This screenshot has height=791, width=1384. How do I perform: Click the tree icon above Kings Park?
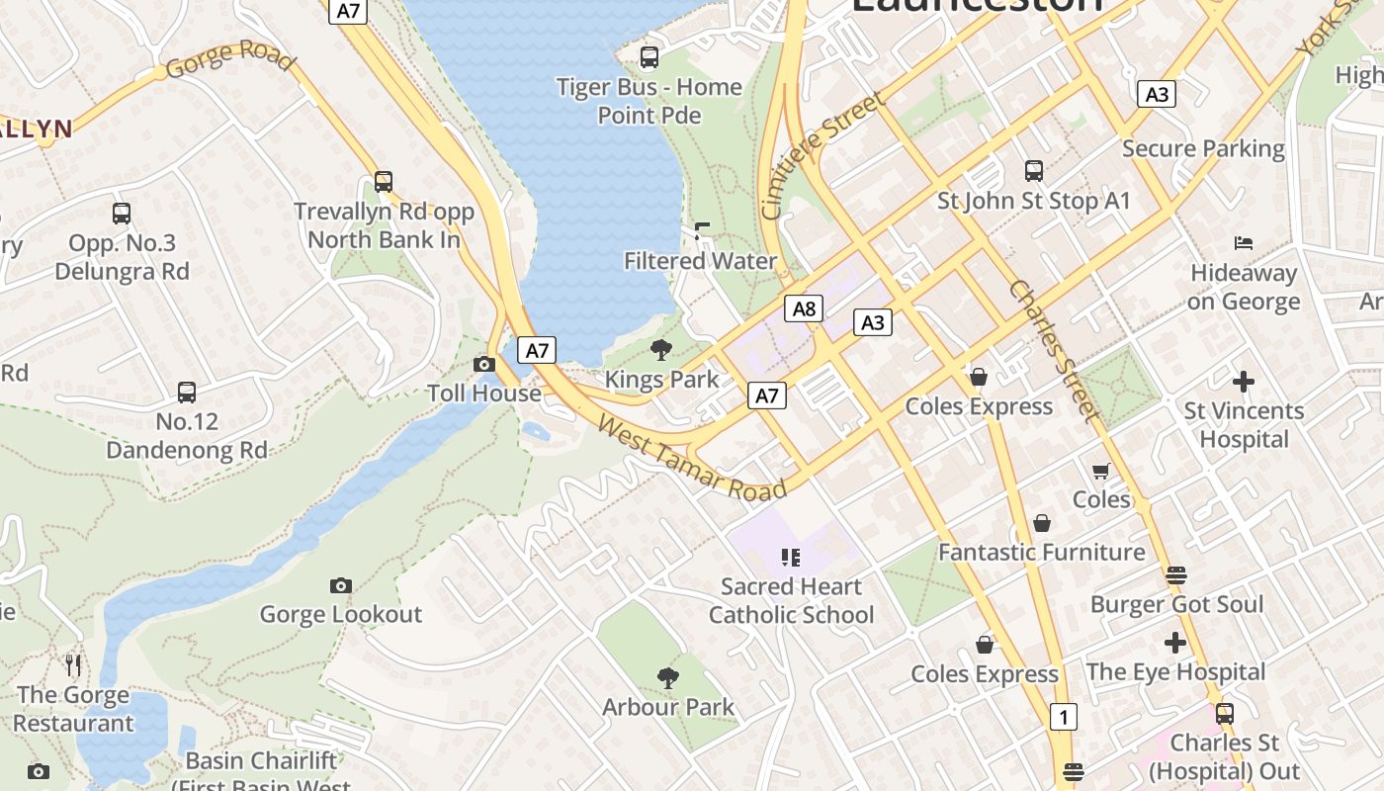[661, 349]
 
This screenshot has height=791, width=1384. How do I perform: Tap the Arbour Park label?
[668, 707]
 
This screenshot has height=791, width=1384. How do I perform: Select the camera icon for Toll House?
[483, 364]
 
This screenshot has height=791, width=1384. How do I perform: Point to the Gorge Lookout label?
[340, 614]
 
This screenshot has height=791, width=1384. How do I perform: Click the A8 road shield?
[804, 308]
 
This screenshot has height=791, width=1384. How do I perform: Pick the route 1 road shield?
[1063, 717]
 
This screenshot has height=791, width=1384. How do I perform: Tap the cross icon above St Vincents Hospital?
[1244, 381]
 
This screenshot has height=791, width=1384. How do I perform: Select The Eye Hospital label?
[1175, 672]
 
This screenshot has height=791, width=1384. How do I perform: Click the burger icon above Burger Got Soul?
[1175, 574]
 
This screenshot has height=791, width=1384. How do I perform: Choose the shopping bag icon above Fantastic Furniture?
[1041, 523]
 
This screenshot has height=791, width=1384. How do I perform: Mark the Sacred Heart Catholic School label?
[791, 601]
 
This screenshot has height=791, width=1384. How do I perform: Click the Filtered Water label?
[700, 261]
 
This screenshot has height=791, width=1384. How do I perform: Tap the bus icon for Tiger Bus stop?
[649, 57]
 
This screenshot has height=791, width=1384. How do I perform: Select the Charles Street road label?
[1053, 351]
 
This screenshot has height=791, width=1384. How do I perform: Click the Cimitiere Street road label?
[822, 156]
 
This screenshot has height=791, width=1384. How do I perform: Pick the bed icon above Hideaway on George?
[1244, 243]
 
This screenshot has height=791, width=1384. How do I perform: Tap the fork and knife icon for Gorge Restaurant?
[73, 664]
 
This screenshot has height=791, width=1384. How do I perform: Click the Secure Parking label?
[1203, 148]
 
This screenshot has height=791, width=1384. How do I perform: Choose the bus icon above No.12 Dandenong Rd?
[187, 393]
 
